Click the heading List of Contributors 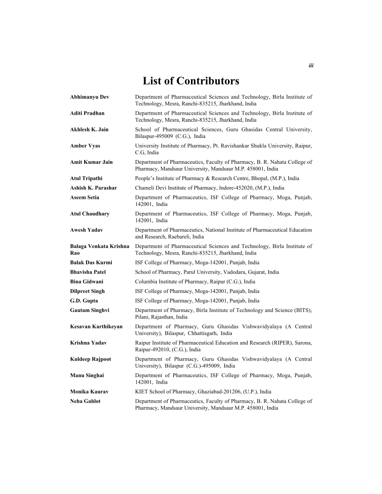click(191, 81)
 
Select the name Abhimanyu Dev click(89, 97)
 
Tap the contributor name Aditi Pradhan click(87, 113)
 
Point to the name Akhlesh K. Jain click(89, 130)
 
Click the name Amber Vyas click(85, 146)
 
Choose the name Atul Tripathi click(86, 178)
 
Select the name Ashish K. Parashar click(94, 188)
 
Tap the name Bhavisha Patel click(88, 272)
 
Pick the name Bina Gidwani click(87, 282)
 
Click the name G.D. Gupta click(84, 301)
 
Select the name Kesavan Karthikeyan click(96, 327)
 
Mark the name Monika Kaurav click(88, 392)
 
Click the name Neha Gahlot click(86, 401)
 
